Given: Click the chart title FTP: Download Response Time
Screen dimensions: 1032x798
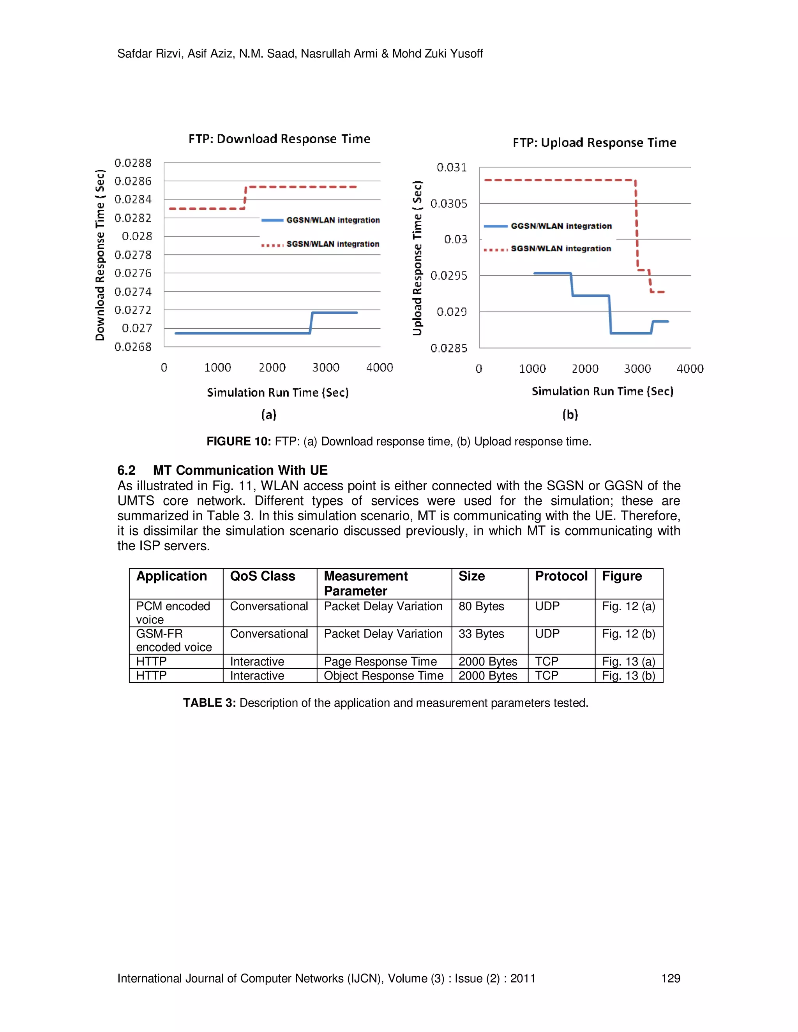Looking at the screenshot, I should pyautogui.click(x=279, y=139).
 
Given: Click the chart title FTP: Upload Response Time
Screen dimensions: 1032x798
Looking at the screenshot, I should pyautogui.click(x=594, y=143).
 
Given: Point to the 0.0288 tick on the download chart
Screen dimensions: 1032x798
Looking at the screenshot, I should pyautogui.click(x=133, y=163).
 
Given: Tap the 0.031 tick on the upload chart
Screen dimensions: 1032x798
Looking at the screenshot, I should pyautogui.click(x=452, y=167).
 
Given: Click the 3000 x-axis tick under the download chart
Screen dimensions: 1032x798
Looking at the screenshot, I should pyautogui.click(x=326, y=368).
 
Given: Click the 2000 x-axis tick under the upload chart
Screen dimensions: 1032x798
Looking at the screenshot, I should pyautogui.click(x=585, y=368).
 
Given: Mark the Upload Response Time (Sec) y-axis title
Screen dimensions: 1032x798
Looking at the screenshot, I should pyautogui.click(x=417, y=258).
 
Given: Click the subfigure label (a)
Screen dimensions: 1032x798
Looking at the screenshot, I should pyautogui.click(x=268, y=414).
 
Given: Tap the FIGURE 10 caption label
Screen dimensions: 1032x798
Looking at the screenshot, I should pyautogui.click(x=238, y=441).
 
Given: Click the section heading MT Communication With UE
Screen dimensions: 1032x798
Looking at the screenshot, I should pyautogui.click(x=240, y=470).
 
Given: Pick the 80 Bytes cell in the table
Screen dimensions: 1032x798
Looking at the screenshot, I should pyautogui.click(x=481, y=606).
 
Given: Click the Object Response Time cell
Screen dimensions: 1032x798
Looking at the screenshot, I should pyautogui.click(x=383, y=676).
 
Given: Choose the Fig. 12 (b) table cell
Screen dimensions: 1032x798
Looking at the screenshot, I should pyautogui.click(x=628, y=634).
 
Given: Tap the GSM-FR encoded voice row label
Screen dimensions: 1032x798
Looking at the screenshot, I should pyautogui.click(x=173, y=640).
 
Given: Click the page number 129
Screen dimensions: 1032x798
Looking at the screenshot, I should pyautogui.click(x=670, y=978).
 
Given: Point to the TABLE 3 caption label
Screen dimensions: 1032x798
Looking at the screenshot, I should pyautogui.click(x=209, y=703).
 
